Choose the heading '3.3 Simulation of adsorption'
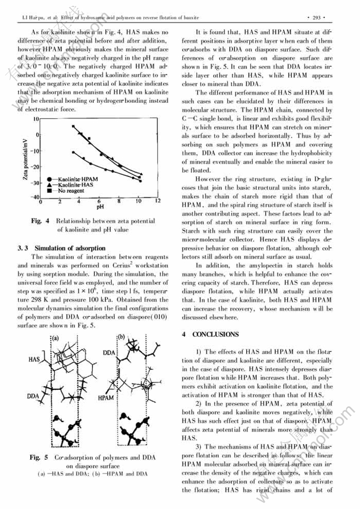[61, 248]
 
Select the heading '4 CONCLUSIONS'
[210, 334]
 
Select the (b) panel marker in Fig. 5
[120, 337]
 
